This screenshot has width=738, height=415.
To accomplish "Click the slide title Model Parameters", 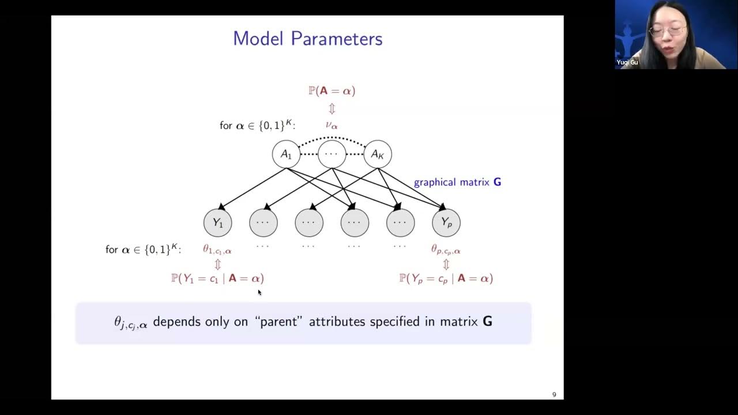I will coord(307,39).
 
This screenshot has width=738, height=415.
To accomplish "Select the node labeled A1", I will coord(286,154).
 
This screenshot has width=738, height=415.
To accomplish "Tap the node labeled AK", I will coord(378,154).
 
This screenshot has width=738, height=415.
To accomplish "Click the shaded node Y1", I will coord(217,223).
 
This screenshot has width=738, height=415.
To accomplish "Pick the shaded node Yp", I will coord(446,223).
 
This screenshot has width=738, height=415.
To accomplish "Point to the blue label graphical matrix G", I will coord(457,182).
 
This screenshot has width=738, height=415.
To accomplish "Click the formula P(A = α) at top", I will coord(332,90).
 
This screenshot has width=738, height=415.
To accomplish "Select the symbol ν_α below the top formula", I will coord(332,125).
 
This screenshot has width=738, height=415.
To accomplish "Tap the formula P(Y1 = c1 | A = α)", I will coord(217,278).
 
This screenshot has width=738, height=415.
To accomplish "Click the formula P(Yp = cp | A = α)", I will coord(446,278).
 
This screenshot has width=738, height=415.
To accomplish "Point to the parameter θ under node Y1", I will coord(217,250).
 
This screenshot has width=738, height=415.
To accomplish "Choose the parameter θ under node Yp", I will coord(446,250).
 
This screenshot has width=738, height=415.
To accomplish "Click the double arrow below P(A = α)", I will coord(332,108).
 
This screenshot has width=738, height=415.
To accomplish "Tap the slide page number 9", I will coord(554,395).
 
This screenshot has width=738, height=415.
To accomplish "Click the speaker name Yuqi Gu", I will coord(627,62).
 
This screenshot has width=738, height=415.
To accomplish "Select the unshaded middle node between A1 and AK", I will coord(332,154).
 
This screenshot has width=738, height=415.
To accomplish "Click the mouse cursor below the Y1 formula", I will coord(259,292).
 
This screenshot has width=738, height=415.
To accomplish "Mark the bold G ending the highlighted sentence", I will coord(487,322).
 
